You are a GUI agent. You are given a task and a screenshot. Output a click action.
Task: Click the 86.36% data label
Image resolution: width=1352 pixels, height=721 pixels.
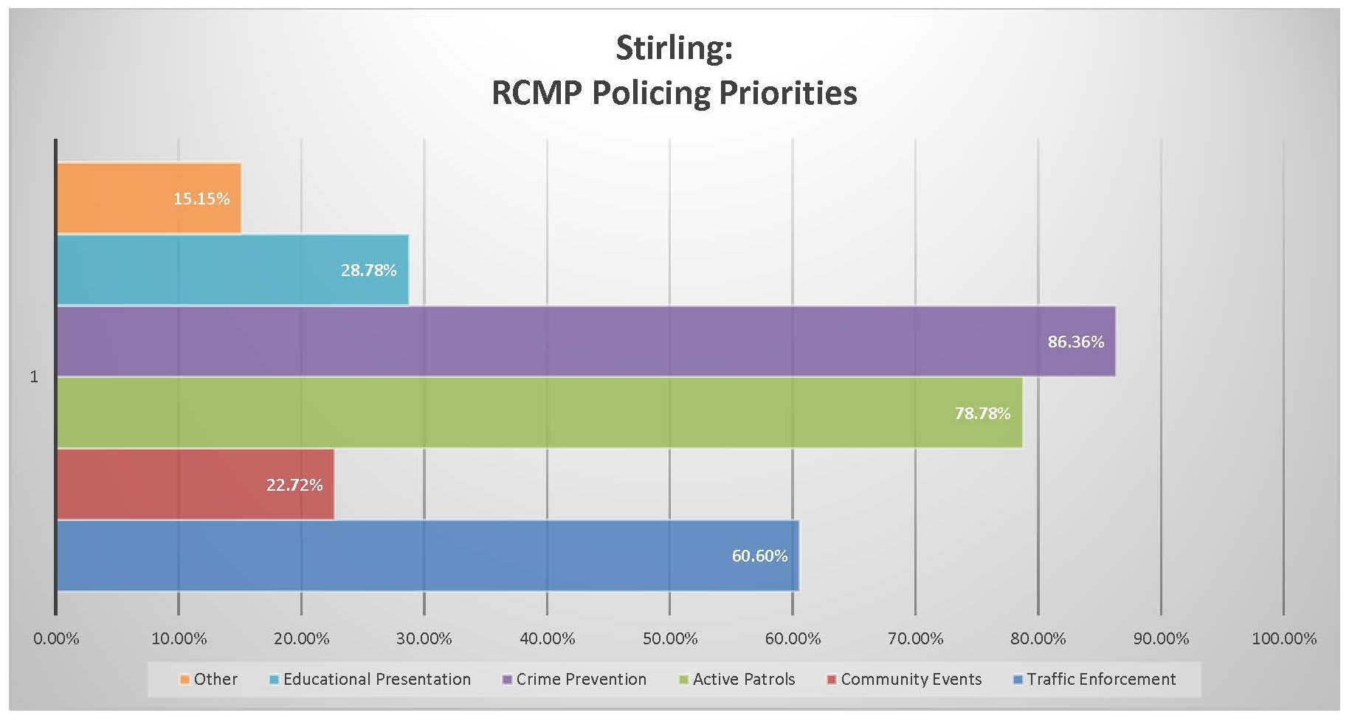point(1075,342)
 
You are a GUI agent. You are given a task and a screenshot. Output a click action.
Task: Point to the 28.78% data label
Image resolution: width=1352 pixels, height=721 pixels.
point(368,270)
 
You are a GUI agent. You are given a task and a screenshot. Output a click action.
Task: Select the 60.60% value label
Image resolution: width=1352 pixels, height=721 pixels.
point(759,556)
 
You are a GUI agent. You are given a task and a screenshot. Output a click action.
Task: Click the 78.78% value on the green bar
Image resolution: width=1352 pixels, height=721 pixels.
point(982,413)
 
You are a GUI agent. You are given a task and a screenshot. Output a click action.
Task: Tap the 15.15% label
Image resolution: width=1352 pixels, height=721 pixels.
point(201,199)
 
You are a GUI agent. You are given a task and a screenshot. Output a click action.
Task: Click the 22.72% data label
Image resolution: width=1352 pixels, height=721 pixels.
point(294,485)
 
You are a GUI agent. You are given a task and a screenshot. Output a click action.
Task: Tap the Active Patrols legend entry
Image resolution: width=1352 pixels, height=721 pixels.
point(743,679)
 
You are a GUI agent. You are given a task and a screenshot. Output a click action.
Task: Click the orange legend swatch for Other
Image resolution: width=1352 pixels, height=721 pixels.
point(185,680)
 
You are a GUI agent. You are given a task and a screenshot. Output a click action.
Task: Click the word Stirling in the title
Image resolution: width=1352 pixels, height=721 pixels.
point(674,49)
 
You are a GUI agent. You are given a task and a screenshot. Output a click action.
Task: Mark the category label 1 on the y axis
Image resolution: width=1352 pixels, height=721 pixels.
point(34,377)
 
